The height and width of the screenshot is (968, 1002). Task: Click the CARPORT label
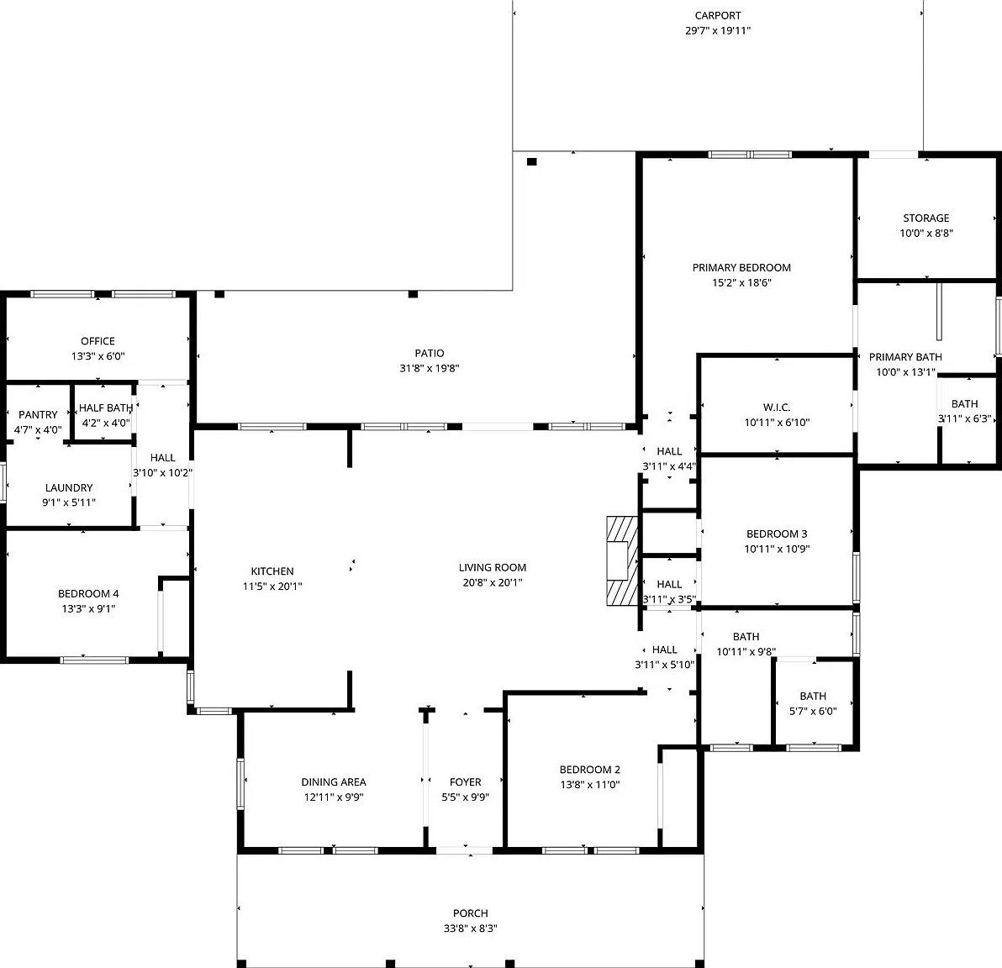(x=718, y=15)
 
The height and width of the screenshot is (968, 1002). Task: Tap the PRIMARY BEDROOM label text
(x=741, y=268)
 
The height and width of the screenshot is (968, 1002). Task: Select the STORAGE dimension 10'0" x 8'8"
(x=926, y=234)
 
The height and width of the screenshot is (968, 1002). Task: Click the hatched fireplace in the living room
(x=622, y=560)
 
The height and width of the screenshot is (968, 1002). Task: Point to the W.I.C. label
(x=777, y=407)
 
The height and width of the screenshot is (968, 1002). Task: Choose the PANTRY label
(x=38, y=414)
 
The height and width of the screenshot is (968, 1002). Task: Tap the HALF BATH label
(x=105, y=408)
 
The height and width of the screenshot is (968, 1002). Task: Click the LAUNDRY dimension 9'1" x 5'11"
(x=69, y=502)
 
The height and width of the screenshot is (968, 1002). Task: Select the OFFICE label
(x=98, y=341)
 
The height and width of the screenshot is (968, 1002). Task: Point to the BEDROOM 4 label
(x=88, y=593)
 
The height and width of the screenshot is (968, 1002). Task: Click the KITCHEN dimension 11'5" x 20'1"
(x=272, y=587)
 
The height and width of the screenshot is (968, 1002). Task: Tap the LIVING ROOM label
(x=492, y=567)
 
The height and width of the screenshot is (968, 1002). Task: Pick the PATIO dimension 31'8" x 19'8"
(x=430, y=368)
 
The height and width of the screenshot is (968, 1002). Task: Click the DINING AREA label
(x=334, y=782)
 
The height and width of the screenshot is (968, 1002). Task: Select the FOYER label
(x=465, y=782)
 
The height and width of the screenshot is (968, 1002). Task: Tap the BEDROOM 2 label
(x=590, y=770)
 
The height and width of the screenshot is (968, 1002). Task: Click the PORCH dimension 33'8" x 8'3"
(x=471, y=929)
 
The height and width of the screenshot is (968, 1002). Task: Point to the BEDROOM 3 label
(x=777, y=534)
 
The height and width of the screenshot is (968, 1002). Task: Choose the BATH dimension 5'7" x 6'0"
(x=813, y=711)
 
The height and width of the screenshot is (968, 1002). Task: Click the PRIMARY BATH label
(x=904, y=357)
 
